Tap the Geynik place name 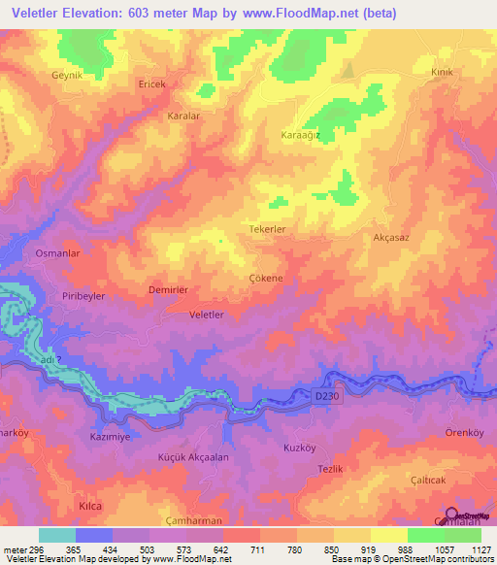pos(69,74)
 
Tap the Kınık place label pos(442,73)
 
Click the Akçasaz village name pos(391,237)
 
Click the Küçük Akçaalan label pos(193,456)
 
